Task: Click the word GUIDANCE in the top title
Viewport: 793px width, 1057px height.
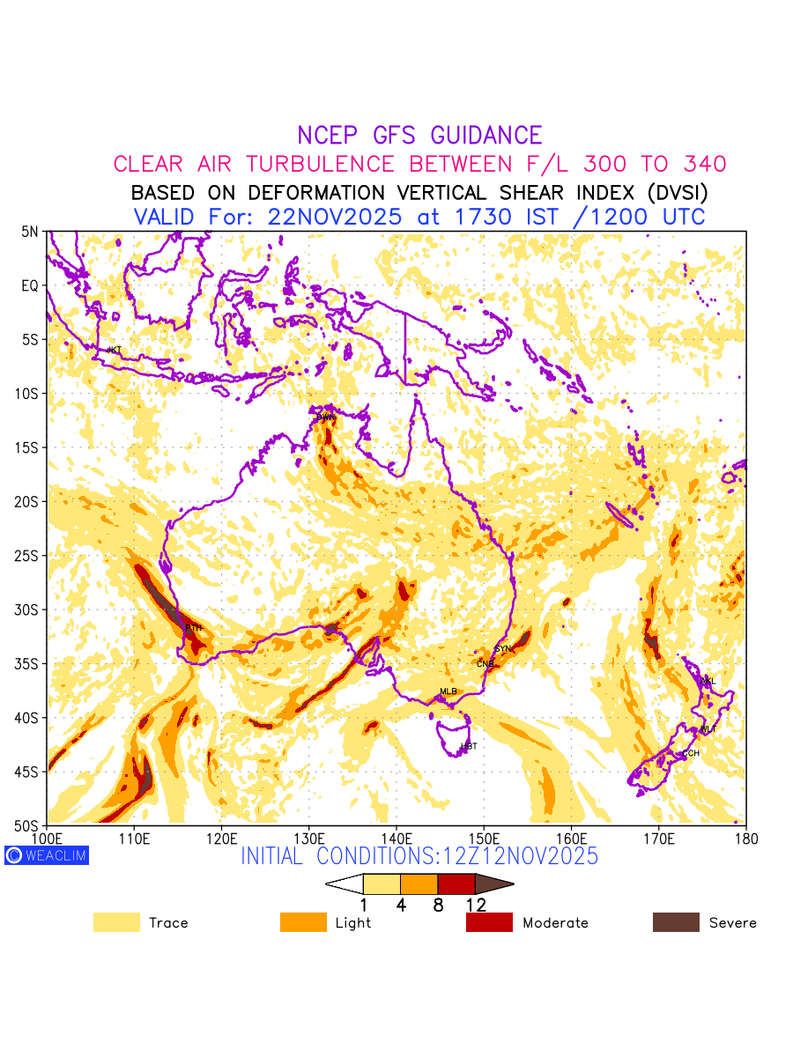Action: (486, 136)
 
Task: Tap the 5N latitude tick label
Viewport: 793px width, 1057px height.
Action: (30, 232)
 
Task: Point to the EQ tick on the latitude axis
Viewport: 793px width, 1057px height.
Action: (30, 285)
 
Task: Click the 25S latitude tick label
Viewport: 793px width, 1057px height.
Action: (28, 556)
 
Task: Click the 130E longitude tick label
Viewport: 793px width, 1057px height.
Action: (308, 838)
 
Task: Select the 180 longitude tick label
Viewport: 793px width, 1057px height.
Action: (745, 838)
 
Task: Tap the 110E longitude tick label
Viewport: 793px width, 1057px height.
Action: (134, 838)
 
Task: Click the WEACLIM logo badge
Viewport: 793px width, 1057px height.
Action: (47, 855)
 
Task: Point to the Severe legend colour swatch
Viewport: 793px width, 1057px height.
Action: (676, 922)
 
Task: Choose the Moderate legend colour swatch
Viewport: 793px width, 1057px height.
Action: (489, 922)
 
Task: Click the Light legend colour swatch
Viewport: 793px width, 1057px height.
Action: (303, 922)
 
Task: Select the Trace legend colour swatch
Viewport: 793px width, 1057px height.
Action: (116, 922)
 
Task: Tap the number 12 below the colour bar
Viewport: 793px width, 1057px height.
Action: (476, 905)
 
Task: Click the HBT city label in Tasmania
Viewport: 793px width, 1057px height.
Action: (469, 747)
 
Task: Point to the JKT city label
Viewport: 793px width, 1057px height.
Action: (114, 350)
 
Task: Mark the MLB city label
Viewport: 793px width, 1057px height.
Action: (448, 691)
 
